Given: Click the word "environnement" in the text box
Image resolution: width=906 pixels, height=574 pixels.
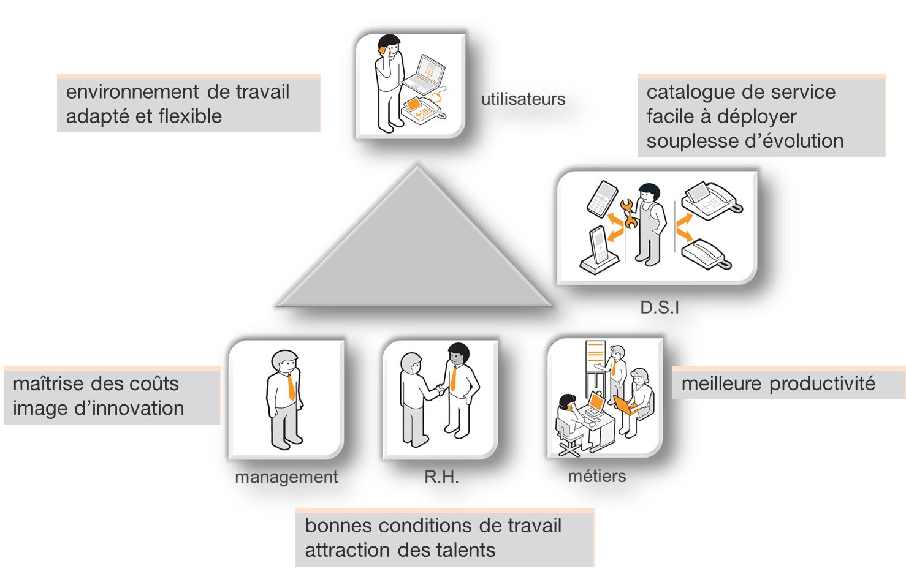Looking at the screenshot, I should (x=132, y=93).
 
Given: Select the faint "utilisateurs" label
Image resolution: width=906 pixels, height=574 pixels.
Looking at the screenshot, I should (x=523, y=99).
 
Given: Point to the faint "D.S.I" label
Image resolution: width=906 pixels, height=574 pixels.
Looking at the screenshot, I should (x=660, y=307).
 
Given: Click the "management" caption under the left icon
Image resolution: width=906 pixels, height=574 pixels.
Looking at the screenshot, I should (x=286, y=477).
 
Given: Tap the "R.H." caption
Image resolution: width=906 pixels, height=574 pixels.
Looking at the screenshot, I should (x=441, y=477).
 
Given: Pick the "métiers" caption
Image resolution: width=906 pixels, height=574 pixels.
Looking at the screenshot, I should (x=597, y=476).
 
